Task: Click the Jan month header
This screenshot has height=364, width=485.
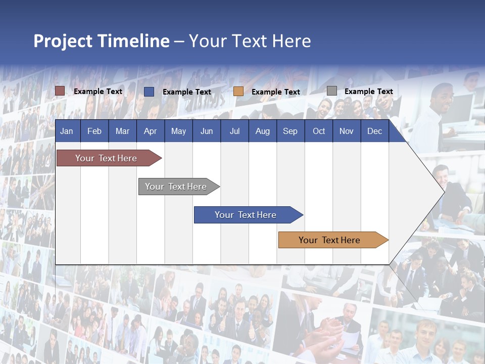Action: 67,131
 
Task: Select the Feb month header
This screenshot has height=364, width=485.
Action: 94,131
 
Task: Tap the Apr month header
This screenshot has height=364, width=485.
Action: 150,131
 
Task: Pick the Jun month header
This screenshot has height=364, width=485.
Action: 207,131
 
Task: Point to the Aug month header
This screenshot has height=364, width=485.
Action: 262,131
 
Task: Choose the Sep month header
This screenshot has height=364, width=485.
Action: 290,131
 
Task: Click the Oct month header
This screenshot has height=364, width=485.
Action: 319,131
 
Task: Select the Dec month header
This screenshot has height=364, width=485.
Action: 374,131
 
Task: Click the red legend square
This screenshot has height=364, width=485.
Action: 60,91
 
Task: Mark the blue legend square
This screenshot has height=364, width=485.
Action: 149,92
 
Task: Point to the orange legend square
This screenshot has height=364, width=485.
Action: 238,92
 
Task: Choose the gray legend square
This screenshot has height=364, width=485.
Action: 332,91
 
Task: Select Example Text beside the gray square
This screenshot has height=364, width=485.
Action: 368,92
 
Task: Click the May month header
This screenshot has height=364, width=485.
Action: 178,131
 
